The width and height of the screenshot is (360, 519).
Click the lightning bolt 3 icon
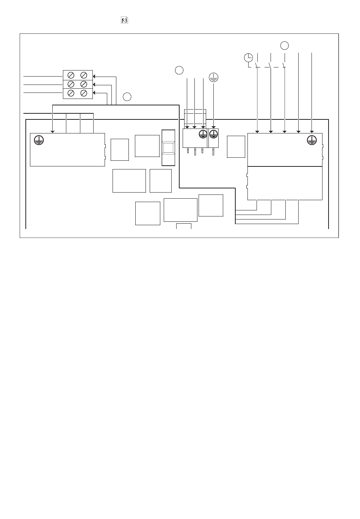[x=124, y=20]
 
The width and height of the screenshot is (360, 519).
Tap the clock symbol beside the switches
[x=248, y=58]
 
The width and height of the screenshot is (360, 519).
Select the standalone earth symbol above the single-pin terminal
[x=214, y=77]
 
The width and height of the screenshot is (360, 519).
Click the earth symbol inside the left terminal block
[x=39, y=140]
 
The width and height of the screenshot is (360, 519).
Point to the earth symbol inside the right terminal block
[x=312, y=140]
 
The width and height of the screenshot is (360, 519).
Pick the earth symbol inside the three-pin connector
[x=203, y=134]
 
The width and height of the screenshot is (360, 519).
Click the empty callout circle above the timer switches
[x=285, y=45]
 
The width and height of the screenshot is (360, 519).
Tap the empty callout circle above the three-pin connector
[x=179, y=70]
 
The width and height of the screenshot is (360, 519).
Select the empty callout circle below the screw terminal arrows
[x=127, y=97]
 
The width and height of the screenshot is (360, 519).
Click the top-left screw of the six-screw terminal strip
[x=71, y=75]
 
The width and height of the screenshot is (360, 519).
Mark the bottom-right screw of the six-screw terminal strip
[x=84, y=93]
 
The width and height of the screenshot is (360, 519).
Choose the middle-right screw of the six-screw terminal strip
[x=84, y=84]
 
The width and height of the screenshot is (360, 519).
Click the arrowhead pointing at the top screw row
[x=94, y=77]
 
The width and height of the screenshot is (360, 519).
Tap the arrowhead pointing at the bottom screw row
[x=94, y=93]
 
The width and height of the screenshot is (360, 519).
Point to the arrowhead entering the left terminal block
[x=53, y=132]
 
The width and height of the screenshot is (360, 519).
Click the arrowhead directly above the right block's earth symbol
[x=312, y=132]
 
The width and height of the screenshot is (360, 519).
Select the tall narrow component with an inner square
[x=168, y=147]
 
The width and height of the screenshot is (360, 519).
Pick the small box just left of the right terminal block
[x=236, y=147]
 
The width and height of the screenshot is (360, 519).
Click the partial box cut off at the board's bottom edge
[x=184, y=226]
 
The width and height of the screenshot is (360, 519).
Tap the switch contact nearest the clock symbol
[x=257, y=65]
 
